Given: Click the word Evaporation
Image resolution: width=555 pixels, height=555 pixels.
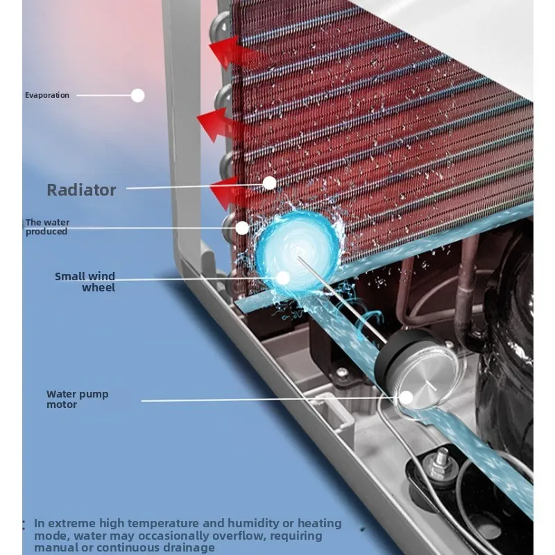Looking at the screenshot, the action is click(47, 95).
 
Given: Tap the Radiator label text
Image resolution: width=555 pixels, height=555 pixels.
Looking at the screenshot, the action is click(81, 190).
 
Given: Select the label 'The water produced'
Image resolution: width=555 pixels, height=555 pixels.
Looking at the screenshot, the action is click(47, 227).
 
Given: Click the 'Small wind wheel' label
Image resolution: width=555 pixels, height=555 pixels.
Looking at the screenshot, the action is click(85, 282).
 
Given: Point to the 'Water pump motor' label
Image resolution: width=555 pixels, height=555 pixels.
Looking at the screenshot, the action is click(78, 400).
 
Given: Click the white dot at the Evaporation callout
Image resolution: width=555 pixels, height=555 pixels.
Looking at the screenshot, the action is click(137, 95).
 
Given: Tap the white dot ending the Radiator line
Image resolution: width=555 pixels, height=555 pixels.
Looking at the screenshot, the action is click(270, 183).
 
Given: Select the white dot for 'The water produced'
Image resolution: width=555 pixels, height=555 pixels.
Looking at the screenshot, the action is click(242, 228).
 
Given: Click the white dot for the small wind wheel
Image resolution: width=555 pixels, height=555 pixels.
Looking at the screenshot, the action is click(283, 278).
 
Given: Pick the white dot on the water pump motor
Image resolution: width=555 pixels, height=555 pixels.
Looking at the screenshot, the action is click(407, 398).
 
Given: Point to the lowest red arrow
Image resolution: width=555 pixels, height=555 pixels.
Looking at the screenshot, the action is click(230, 193).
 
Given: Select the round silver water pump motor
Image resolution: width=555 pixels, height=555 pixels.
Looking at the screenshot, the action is click(416, 370).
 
